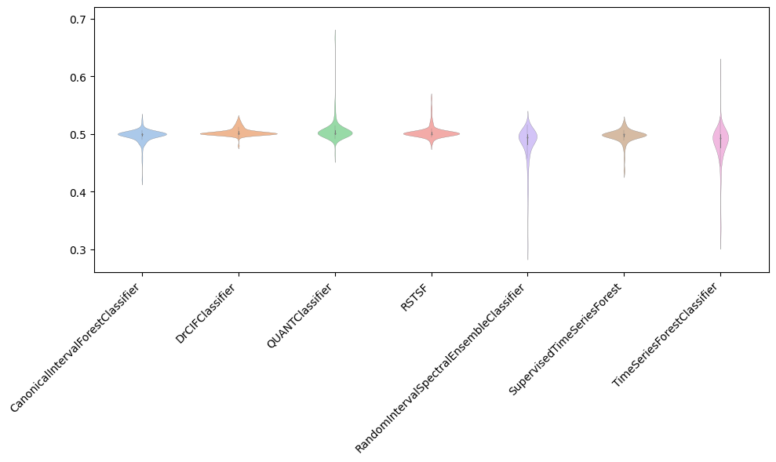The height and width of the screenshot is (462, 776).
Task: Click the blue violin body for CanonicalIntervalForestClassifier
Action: pos(142,135)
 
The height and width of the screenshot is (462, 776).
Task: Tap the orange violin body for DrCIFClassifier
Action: pos(239,133)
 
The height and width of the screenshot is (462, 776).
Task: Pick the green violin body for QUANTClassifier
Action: pos(335,133)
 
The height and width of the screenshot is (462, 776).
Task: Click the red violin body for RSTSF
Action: pos(432,134)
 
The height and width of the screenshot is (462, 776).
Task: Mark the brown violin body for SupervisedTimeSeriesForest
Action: pos(624,136)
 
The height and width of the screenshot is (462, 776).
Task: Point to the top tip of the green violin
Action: pos(335,31)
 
